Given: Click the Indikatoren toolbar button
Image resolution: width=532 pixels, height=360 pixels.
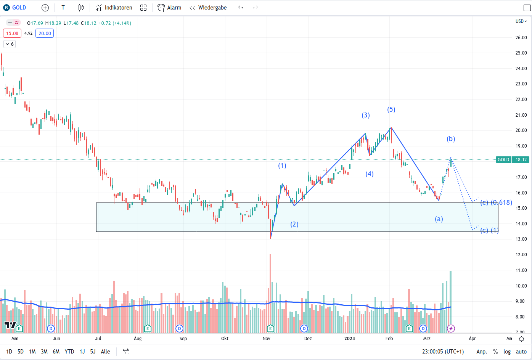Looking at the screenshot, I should click(114, 8).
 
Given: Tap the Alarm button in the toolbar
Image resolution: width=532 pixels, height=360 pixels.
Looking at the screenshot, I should click(169, 8).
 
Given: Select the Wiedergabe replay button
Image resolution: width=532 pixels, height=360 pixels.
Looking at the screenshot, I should click(208, 8).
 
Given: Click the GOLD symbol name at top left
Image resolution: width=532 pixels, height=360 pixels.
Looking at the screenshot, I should click(19, 8).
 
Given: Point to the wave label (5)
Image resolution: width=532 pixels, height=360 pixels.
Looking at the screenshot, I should click(391, 109).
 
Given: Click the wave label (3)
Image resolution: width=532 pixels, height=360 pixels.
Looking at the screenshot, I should click(366, 115).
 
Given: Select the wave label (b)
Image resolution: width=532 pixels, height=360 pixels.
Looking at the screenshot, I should click(451, 139).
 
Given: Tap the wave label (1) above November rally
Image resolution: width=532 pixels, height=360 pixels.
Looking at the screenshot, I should click(282, 166).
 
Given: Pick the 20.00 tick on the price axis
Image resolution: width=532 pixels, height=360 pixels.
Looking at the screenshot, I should click(521, 130).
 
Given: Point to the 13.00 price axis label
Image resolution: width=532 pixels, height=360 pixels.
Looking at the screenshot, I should click(521, 239).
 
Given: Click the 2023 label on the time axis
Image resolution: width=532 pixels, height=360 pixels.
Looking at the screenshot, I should click(349, 339).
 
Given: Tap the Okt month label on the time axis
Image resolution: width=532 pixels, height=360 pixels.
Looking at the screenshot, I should click(225, 339).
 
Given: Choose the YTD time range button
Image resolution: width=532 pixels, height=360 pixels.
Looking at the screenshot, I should click(69, 352).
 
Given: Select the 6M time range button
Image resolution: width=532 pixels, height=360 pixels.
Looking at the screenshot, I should click(56, 352).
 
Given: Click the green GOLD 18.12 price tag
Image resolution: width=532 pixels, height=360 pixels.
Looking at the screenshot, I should click(512, 160).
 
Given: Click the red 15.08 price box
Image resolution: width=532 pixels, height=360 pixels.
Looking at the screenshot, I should click(12, 34).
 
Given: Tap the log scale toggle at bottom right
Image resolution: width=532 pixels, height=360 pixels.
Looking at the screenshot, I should click(507, 352).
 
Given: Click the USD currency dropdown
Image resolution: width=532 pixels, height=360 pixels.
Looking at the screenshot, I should click(521, 21).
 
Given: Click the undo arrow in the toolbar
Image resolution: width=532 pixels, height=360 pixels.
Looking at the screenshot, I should click(241, 8).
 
